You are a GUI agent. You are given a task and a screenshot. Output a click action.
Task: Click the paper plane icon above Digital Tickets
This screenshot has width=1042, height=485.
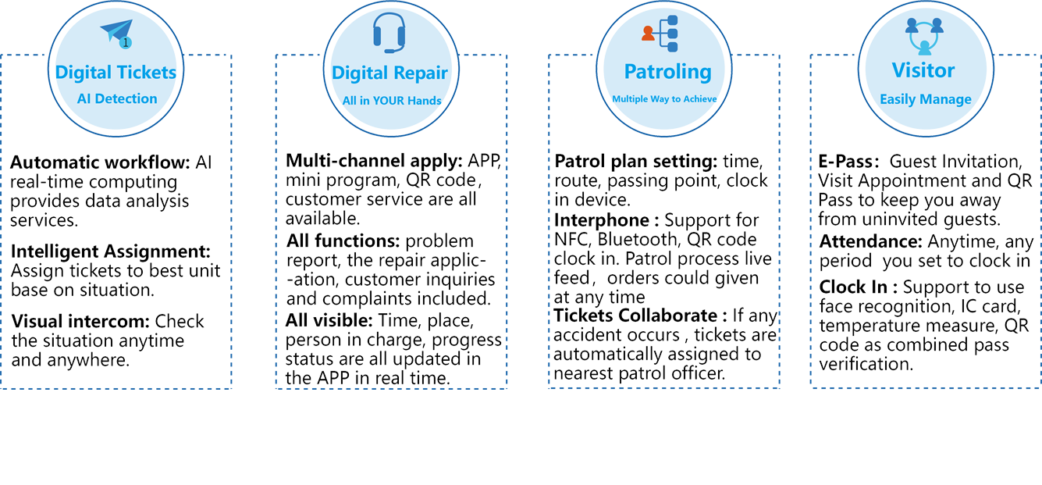117,34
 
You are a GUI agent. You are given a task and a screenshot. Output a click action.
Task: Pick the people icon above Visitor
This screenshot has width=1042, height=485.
924,35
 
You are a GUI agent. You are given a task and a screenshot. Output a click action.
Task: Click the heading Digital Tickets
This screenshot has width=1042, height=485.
116,73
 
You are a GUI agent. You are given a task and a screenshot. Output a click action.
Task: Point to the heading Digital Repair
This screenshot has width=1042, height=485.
389,73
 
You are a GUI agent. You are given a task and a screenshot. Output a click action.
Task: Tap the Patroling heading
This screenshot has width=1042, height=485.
667,72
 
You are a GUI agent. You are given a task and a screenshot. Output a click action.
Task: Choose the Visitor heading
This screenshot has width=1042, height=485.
923,70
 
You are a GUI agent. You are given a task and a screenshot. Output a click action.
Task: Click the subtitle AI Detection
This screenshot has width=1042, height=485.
117,98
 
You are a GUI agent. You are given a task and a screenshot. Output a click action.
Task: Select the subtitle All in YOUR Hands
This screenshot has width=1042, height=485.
392,100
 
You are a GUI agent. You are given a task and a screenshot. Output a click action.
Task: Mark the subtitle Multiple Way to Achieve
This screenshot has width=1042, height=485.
664,99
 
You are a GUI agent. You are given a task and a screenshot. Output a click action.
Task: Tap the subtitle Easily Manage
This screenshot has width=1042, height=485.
925,99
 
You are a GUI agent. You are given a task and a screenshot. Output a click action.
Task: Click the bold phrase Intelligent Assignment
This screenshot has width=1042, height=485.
105,252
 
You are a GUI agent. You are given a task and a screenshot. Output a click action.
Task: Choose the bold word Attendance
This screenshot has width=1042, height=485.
866,243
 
